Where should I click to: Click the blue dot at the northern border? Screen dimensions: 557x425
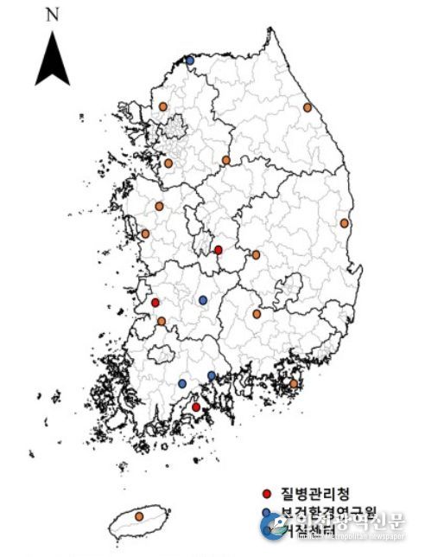pos(190,60)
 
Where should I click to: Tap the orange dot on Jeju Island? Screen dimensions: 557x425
pos(139,516)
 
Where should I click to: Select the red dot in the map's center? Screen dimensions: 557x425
pos(218,250)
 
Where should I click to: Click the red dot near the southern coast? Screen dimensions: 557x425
pos(195,407)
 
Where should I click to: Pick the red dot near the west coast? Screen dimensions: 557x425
pos(155,303)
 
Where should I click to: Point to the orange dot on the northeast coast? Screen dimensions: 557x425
pos(307,108)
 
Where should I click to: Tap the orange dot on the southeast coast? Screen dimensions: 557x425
pos(294,383)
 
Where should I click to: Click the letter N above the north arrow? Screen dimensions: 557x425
pos(53,15)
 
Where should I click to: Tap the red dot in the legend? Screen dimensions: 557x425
pos(267,495)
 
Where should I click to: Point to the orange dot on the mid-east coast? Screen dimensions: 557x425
pos(344,223)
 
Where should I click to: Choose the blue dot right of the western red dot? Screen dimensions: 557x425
pos(203,300)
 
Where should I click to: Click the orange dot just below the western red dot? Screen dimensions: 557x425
pos(162,321)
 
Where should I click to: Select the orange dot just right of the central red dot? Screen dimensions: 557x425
pos(256,255)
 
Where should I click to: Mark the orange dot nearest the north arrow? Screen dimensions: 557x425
pos(162,106)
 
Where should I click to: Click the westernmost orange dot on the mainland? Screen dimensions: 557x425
pos(145,234)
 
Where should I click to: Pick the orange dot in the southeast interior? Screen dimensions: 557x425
pos(257,315)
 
